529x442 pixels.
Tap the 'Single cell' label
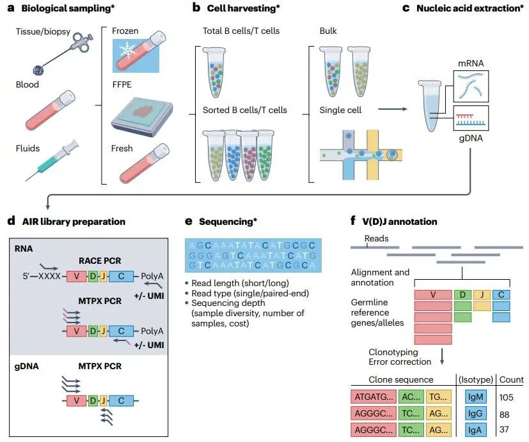(341, 110)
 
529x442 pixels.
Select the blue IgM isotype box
(473, 397)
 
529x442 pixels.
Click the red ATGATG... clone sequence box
(372, 397)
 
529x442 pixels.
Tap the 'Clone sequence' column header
(401, 379)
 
